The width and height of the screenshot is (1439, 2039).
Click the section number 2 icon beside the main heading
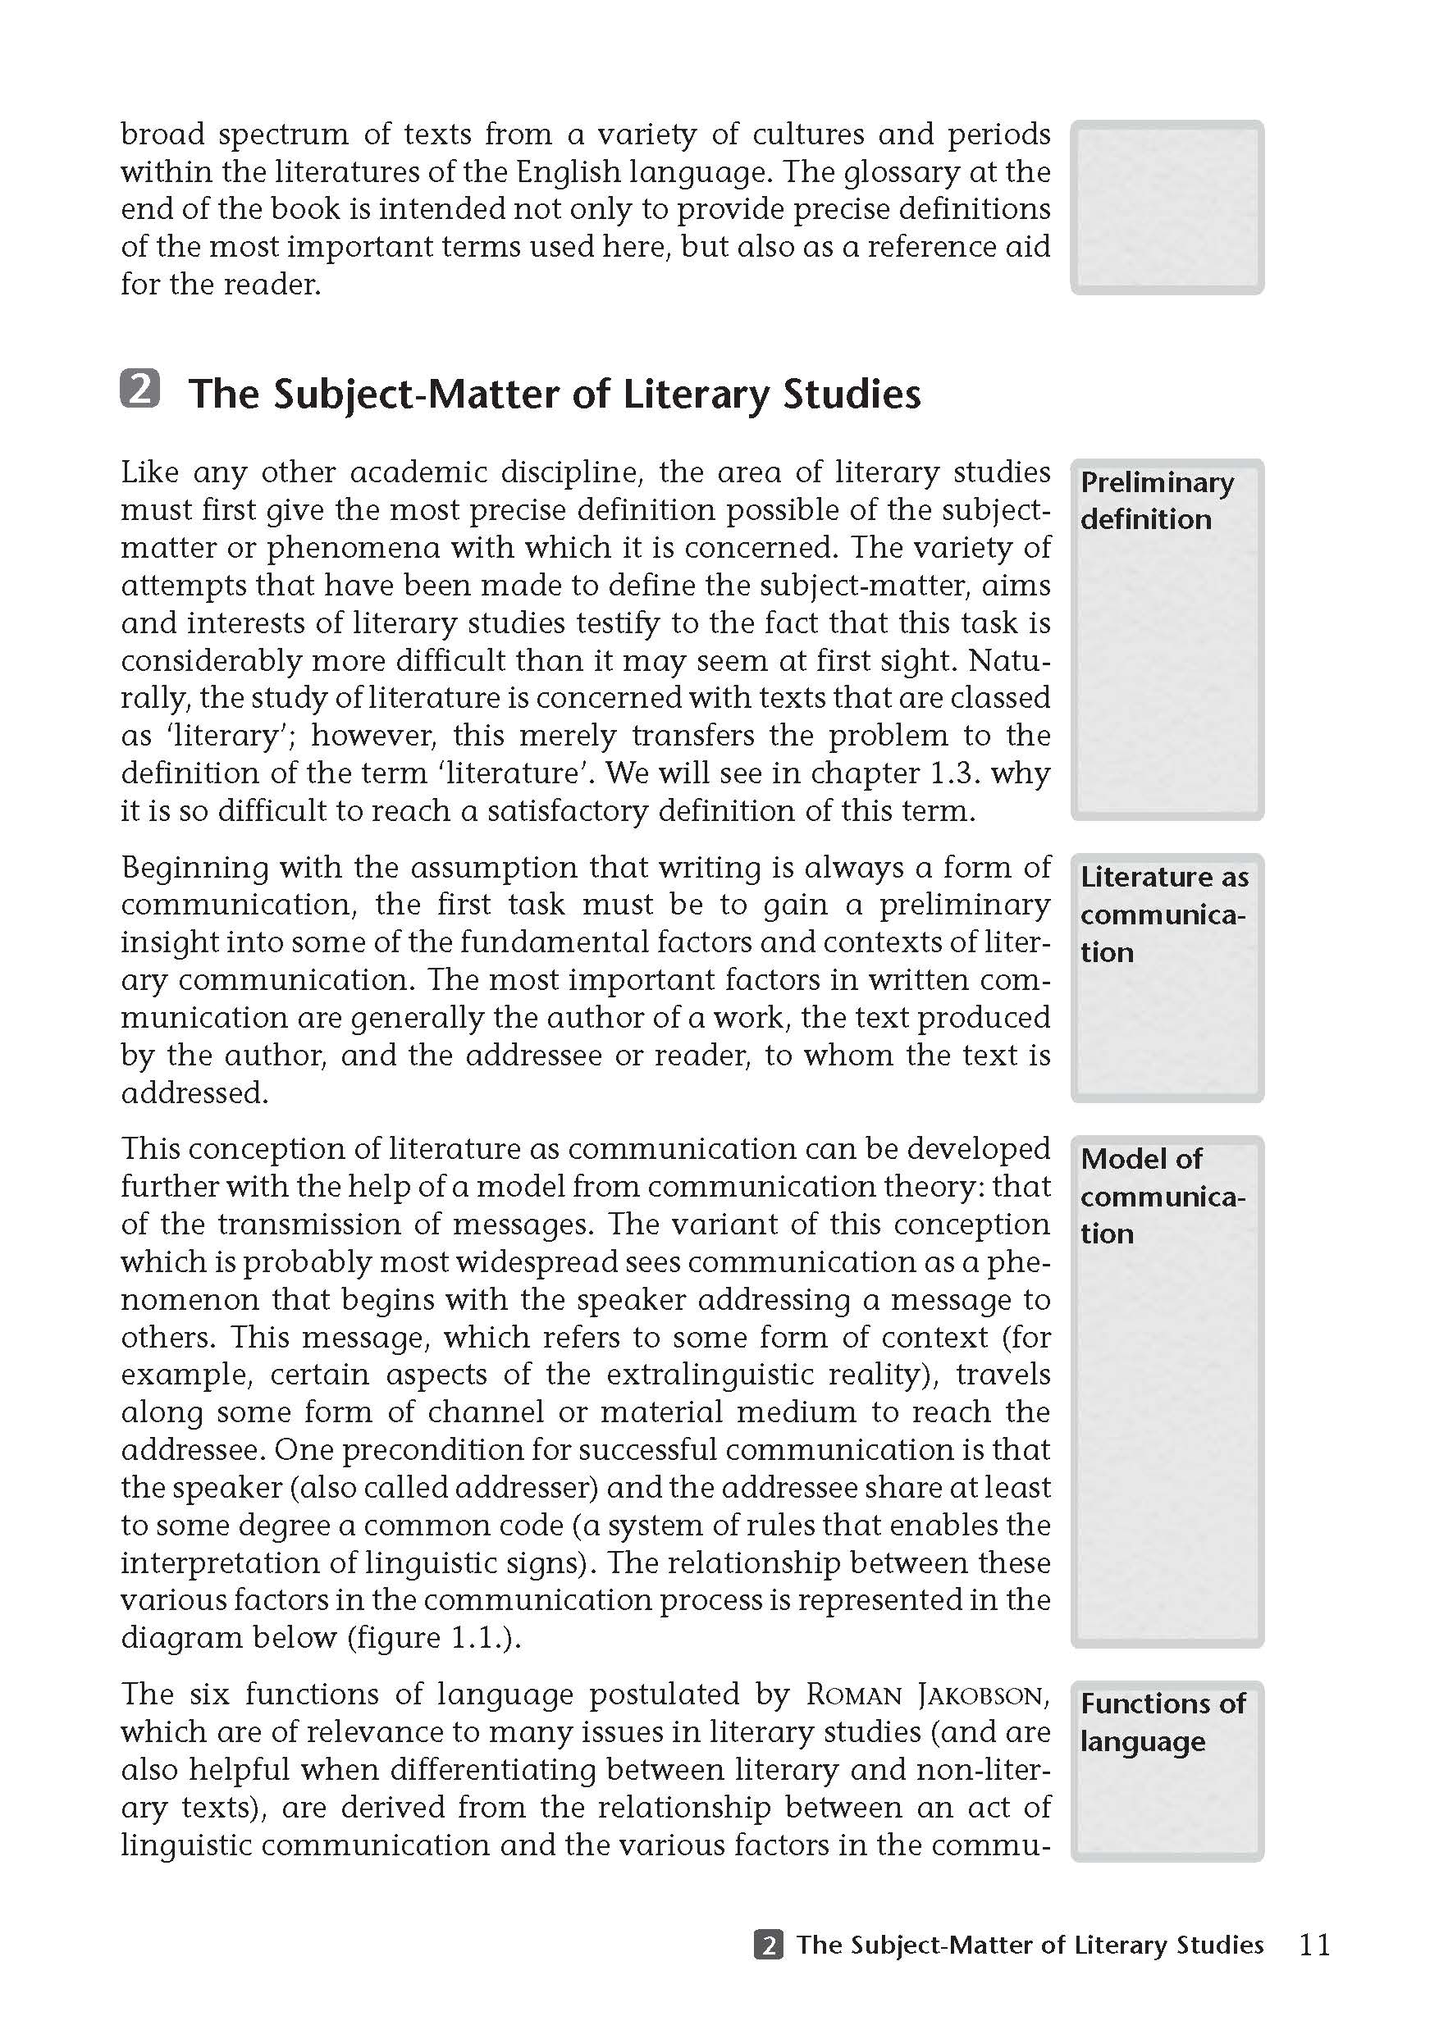click(140, 389)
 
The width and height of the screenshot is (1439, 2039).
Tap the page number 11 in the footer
click(1314, 1945)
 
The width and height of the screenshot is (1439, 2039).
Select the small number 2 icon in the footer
click(769, 1945)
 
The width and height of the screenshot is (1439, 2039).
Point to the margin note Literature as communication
click(1163, 915)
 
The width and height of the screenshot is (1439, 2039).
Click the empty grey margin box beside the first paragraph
click(1167, 208)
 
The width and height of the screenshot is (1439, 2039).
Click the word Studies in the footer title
click(1218, 1945)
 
